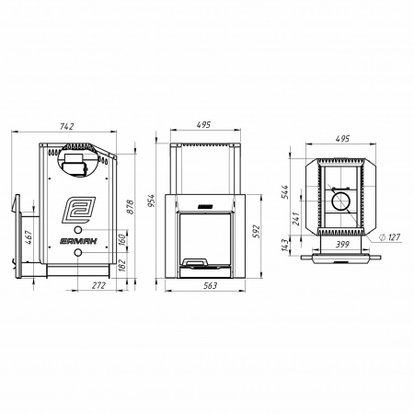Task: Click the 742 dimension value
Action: point(67,126)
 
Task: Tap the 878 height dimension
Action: point(130,207)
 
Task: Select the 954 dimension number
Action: point(151,201)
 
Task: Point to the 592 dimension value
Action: point(257,232)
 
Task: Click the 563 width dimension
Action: point(211,285)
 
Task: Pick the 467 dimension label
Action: point(29,237)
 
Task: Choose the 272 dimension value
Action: point(98,285)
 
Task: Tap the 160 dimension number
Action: point(121,240)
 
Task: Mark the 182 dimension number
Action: point(121,265)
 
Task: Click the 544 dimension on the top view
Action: point(284,192)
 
